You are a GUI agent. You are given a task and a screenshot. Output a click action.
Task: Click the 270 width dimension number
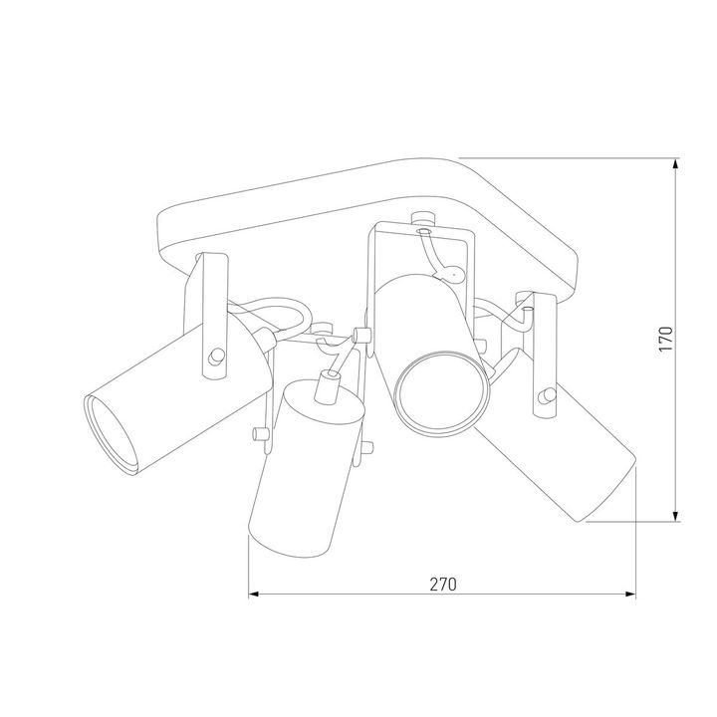pos(442,585)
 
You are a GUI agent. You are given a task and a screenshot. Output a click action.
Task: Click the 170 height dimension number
pos(666,339)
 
